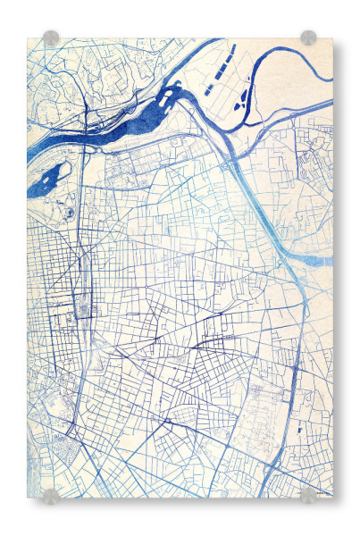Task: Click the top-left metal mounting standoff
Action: point(51,38)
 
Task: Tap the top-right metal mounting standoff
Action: point(308,38)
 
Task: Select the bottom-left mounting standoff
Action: point(51,496)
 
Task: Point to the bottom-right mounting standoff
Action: point(308,495)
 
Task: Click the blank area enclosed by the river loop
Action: point(295,85)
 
